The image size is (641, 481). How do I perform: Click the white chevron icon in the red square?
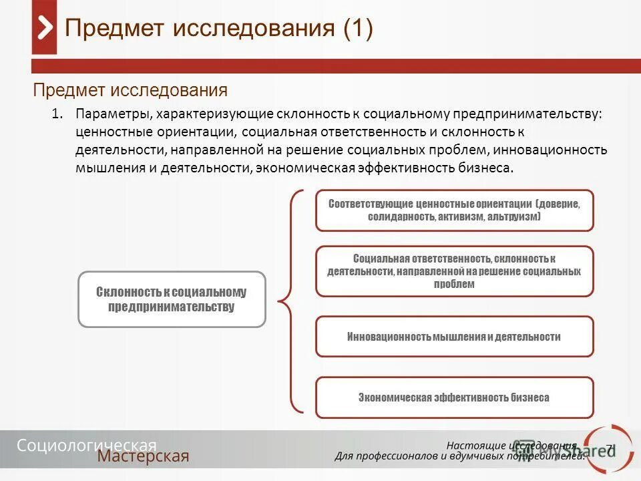pos(45,29)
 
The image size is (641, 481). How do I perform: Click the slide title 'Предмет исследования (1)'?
pos(218,29)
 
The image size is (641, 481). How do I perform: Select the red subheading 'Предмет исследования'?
pos(130,90)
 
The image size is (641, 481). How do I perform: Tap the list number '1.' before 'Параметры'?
pos(57,114)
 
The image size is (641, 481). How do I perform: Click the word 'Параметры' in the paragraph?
pos(112,114)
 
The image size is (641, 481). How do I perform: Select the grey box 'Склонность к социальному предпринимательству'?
pos(172,299)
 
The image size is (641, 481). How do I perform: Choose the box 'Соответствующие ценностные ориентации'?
pos(454,210)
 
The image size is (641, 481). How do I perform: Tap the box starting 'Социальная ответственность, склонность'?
pos(454,271)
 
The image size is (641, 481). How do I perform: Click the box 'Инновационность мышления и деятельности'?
pos(454,337)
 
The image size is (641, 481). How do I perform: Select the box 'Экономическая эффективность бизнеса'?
pos(454,397)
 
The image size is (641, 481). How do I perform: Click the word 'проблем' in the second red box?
pos(454,284)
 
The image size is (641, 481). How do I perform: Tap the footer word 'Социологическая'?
pos(87,446)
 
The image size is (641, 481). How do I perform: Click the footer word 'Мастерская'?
pos(143,457)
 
